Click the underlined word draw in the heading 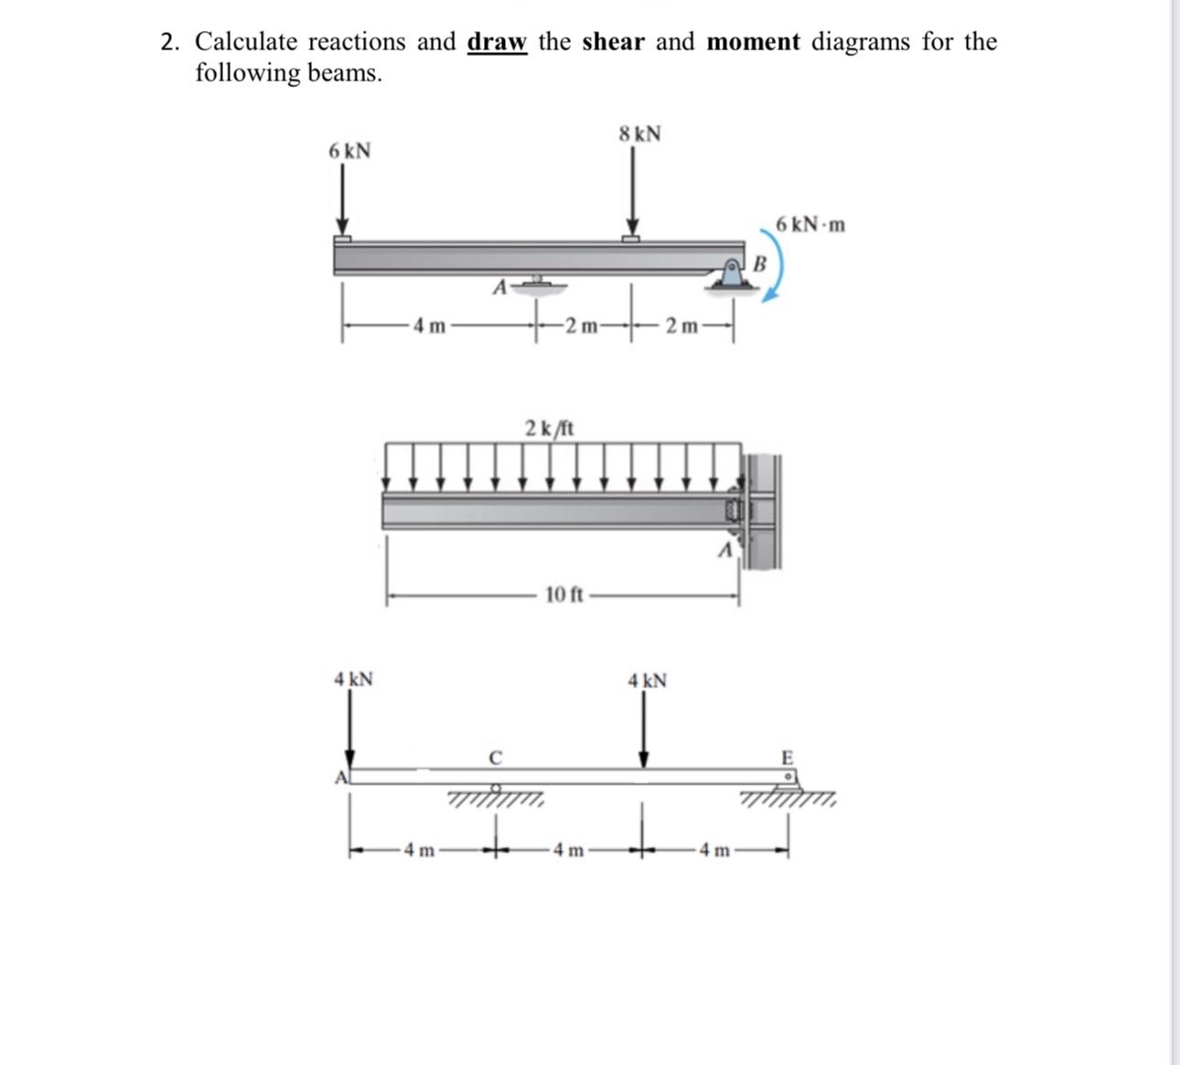497,42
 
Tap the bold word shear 613,42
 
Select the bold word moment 753,42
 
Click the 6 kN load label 349,151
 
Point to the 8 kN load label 639,134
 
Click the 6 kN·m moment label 810,224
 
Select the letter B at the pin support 758,264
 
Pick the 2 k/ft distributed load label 549,427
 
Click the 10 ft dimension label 563,596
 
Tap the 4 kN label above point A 352,680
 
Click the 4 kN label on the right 647,681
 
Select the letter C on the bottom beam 495,758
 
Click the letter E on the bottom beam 787,758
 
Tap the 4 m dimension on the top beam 428,325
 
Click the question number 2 168,42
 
